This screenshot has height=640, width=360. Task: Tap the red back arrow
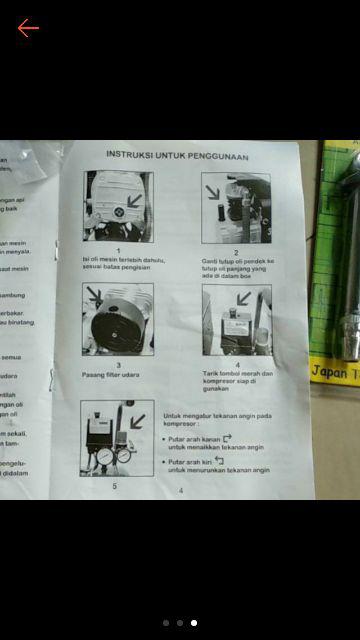pos(28,27)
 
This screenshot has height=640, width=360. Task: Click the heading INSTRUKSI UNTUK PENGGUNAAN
pos(177,156)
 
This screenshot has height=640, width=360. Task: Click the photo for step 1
pos(118,206)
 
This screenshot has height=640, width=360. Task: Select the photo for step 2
pos(236,208)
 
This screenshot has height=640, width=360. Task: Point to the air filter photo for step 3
pos(118,319)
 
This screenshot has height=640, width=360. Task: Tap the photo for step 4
pos(236,319)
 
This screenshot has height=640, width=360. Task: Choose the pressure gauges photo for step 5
pos(118,437)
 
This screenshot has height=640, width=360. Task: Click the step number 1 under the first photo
pos(118,250)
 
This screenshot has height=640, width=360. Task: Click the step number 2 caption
pos(236,251)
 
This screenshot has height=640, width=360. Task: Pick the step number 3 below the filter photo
pos(118,365)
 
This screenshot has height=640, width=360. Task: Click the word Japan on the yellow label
pos(329,370)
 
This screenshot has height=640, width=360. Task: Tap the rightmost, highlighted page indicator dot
pos(194,623)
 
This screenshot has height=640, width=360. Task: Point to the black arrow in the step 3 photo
pos(94,296)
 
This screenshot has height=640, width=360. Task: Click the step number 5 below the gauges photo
pos(115,485)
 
